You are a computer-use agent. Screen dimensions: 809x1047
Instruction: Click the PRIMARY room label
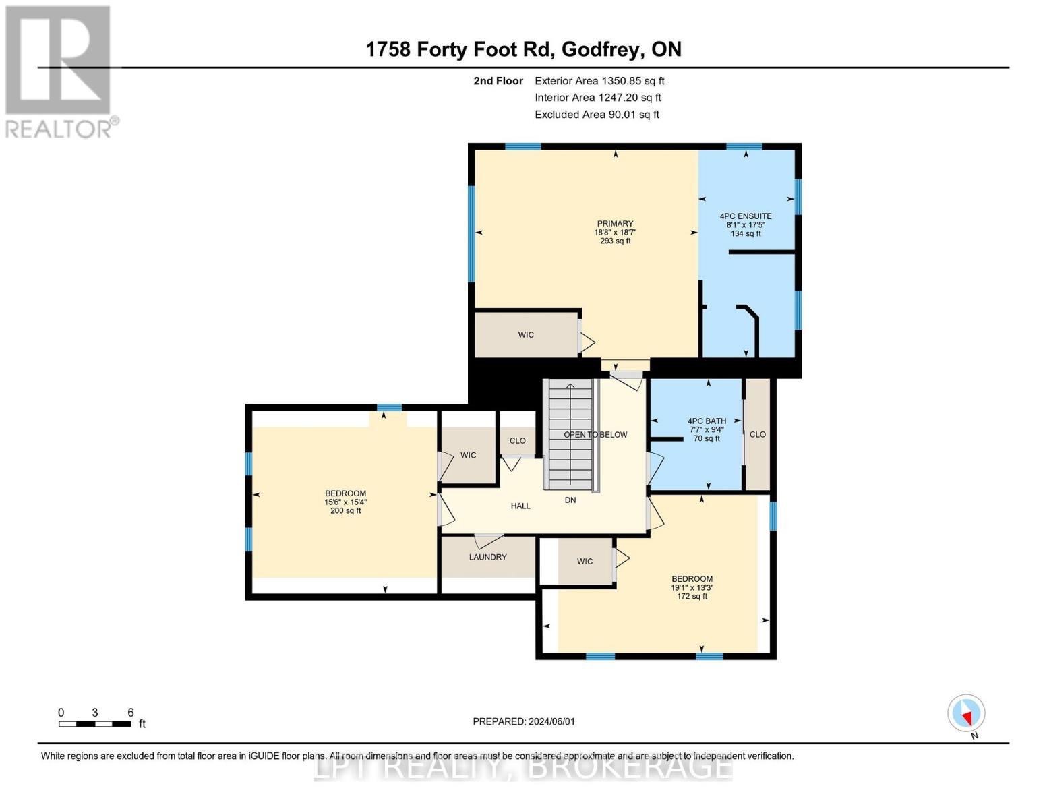click(615, 224)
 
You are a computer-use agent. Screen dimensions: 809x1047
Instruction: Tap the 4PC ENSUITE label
click(746, 216)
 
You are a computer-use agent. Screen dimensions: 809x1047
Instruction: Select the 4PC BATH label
click(707, 421)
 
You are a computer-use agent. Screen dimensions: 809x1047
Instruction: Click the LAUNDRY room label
click(487, 557)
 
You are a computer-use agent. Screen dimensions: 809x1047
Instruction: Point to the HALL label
click(520, 506)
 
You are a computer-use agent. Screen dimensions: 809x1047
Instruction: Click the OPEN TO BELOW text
click(595, 435)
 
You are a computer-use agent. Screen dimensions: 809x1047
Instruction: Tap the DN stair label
click(570, 500)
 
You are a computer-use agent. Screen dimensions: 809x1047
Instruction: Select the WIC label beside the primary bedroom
click(526, 335)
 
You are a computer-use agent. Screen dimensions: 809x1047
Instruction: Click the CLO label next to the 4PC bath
click(758, 434)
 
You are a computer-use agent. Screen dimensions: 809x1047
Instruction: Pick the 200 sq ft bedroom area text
click(346, 511)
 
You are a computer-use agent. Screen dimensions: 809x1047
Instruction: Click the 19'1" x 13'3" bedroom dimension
click(692, 587)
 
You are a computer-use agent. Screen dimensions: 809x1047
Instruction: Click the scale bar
click(95, 724)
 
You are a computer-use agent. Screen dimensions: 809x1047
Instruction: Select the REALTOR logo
click(60, 71)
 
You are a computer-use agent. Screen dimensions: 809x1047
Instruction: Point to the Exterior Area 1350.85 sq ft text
click(599, 81)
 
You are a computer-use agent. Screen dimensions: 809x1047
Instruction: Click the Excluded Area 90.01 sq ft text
click(597, 115)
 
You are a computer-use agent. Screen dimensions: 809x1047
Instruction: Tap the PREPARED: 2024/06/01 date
click(524, 721)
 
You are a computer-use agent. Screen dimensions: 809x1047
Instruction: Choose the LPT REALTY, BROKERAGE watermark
click(523, 768)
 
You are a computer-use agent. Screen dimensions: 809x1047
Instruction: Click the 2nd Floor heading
click(498, 81)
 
